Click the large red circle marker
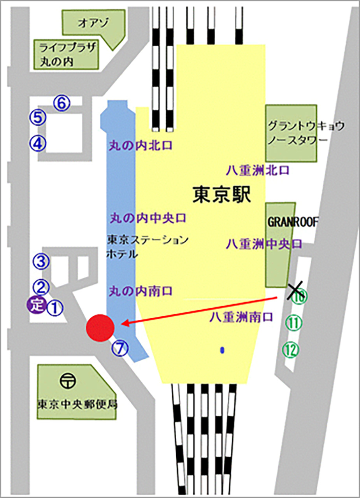[100, 328]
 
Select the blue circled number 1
[55, 308]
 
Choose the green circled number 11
[293, 323]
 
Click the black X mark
[295, 291]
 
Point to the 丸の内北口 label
[140, 146]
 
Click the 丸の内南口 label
[140, 291]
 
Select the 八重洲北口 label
[258, 170]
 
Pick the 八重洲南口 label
[239, 316]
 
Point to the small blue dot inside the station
[222, 350]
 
